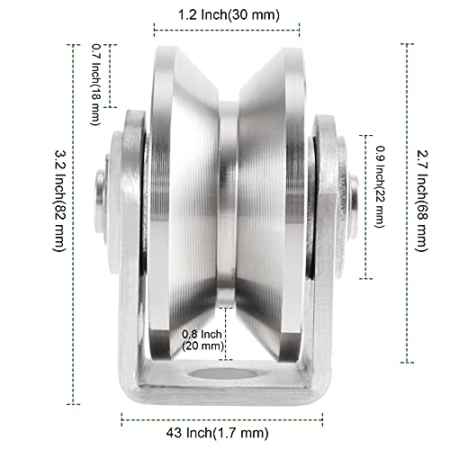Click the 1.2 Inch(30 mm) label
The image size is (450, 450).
(x=228, y=15)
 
